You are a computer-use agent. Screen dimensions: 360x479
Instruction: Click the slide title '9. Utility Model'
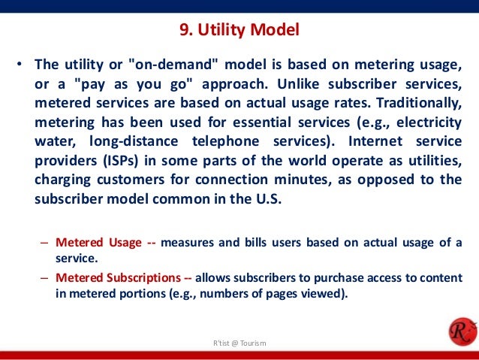239,31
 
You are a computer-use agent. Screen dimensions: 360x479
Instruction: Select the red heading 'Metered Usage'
98,242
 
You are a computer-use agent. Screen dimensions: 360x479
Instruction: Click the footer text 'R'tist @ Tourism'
239,343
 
